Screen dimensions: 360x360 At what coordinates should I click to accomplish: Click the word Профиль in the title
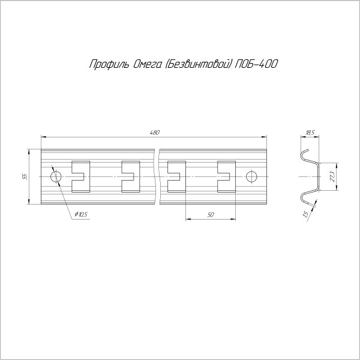coord(110,64)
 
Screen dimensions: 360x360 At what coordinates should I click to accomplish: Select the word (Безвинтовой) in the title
coord(197,64)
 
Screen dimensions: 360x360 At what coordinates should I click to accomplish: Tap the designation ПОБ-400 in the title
coord(256,64)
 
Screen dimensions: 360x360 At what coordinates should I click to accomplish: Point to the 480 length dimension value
coord(155,133)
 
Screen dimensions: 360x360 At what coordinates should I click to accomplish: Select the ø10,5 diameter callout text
coord(81,214)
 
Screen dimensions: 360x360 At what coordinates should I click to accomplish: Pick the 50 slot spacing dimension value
coord(211,215)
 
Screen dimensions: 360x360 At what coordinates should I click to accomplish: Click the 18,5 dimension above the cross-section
coord(310,133)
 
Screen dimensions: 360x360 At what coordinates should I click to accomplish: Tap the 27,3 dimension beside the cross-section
coord(332,176)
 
